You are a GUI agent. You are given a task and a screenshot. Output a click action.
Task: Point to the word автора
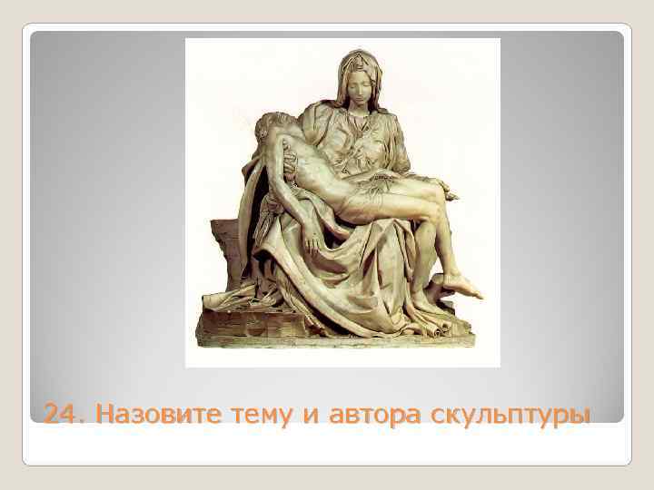[x=369, y=415]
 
